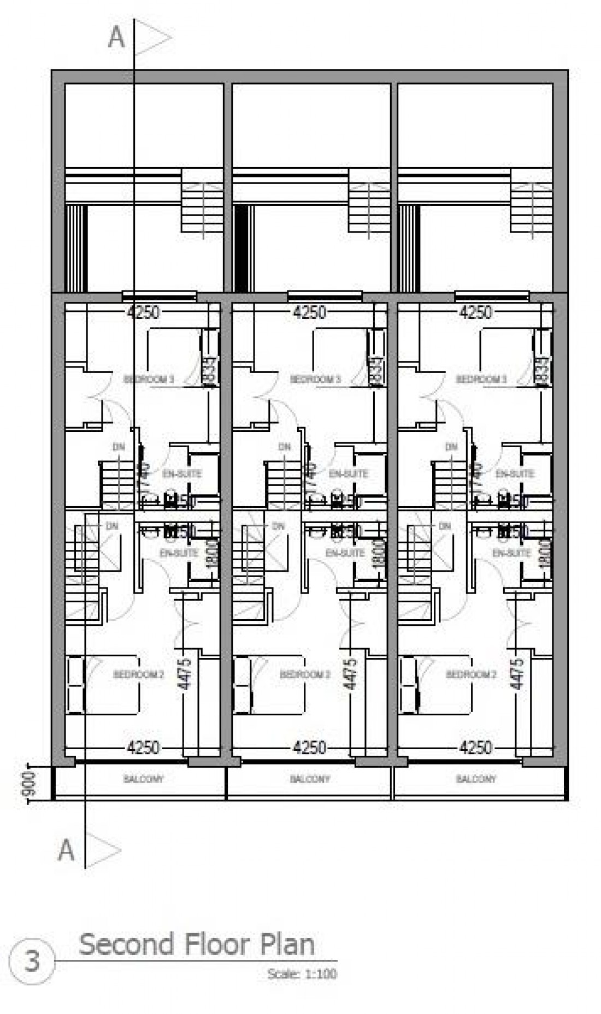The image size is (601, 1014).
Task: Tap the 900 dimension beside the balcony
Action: click(x=31, y=784)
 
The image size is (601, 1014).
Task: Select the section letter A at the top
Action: click(x=116, y=38)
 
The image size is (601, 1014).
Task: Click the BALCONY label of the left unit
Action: click(x=143, y=779)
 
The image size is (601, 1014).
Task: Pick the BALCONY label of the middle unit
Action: click(x=310, y=779)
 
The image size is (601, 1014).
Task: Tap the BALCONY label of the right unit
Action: click(x=476, y=779)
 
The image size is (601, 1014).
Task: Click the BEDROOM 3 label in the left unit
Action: click(x=149, y=379)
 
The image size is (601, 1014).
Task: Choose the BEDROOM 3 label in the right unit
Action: click(x=481, y=379)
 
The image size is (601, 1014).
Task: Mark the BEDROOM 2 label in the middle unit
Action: click(x=305, y=675)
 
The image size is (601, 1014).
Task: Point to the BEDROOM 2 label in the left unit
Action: click(x=138, y=675)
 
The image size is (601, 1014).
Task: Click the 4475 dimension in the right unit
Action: click(x=517, y=674)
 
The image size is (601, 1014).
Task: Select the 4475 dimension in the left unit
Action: click(x=185, y=674)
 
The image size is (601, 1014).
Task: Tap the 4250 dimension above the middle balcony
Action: click(x=310, y=746)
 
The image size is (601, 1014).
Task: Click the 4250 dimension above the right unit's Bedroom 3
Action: click(x=476, y=312)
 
